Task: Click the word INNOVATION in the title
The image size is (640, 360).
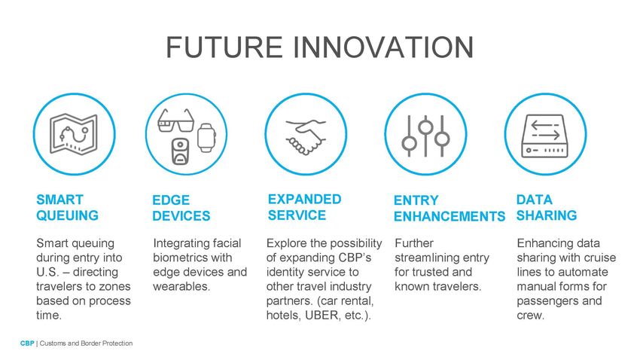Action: [x=382, y=47]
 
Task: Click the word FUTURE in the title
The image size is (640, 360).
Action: [x=224, y=47]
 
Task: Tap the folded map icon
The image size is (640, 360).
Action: [x=74, y=134]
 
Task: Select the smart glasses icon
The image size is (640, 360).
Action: [x=175, y=121]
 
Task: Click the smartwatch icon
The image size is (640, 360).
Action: [x=206, y=138]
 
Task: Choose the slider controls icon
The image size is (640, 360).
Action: [x=425, y=136]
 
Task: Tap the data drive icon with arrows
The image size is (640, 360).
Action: [x=545, y=136]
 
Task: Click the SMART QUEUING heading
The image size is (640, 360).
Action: [x=67, y=207]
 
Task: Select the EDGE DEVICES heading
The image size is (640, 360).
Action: [x=181, y=208]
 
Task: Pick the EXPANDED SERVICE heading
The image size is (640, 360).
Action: [x=304, y=207]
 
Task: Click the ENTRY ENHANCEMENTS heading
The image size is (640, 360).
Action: [x=450, y=208]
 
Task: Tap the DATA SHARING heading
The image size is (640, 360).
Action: [x=547, y=207]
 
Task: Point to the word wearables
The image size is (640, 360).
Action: [x=181, y=286]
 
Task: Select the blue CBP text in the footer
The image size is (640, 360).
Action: [x=27, y=343]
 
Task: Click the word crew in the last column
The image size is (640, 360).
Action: [x=530, y=316]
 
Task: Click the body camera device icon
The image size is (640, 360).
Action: [x=180, y=151]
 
